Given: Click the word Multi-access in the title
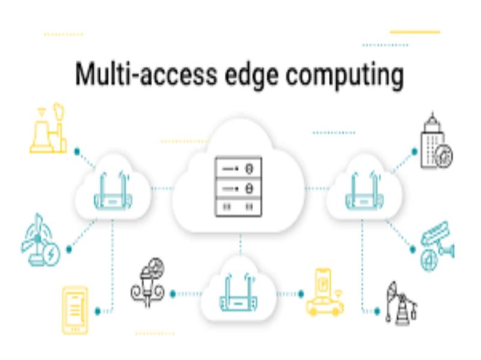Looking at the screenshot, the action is tap(146, 73).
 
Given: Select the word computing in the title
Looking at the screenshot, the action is tap(345, 75).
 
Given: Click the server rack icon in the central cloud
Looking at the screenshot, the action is tap(239, 187).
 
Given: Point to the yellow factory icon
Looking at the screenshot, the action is tap(48, 128).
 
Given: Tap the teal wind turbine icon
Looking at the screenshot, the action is tap(40, 240).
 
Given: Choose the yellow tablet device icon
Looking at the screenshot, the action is tap(75, 310).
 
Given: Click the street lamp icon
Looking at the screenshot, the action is tap(148, 282).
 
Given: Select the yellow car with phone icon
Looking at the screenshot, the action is tap(325, 292).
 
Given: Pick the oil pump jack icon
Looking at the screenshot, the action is tap(401, 303).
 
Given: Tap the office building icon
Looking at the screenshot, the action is tap(436, 141).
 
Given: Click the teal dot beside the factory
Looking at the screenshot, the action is tap(77, 151).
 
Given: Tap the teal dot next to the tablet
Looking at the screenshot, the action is tap(98, 311).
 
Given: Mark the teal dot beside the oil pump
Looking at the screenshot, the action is tap(377, 311).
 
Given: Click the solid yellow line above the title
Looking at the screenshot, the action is tap(415, 32).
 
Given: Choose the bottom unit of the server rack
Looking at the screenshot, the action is tap(239, 207).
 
